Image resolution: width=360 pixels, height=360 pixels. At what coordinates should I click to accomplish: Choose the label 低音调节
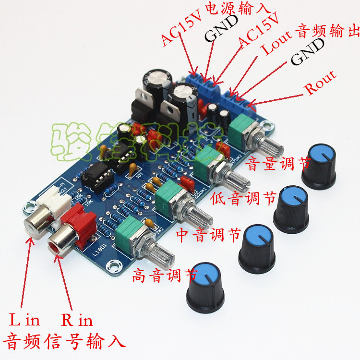[x=244, y=198]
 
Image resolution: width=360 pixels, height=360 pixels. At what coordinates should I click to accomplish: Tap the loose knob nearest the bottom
[x=205, y=285]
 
